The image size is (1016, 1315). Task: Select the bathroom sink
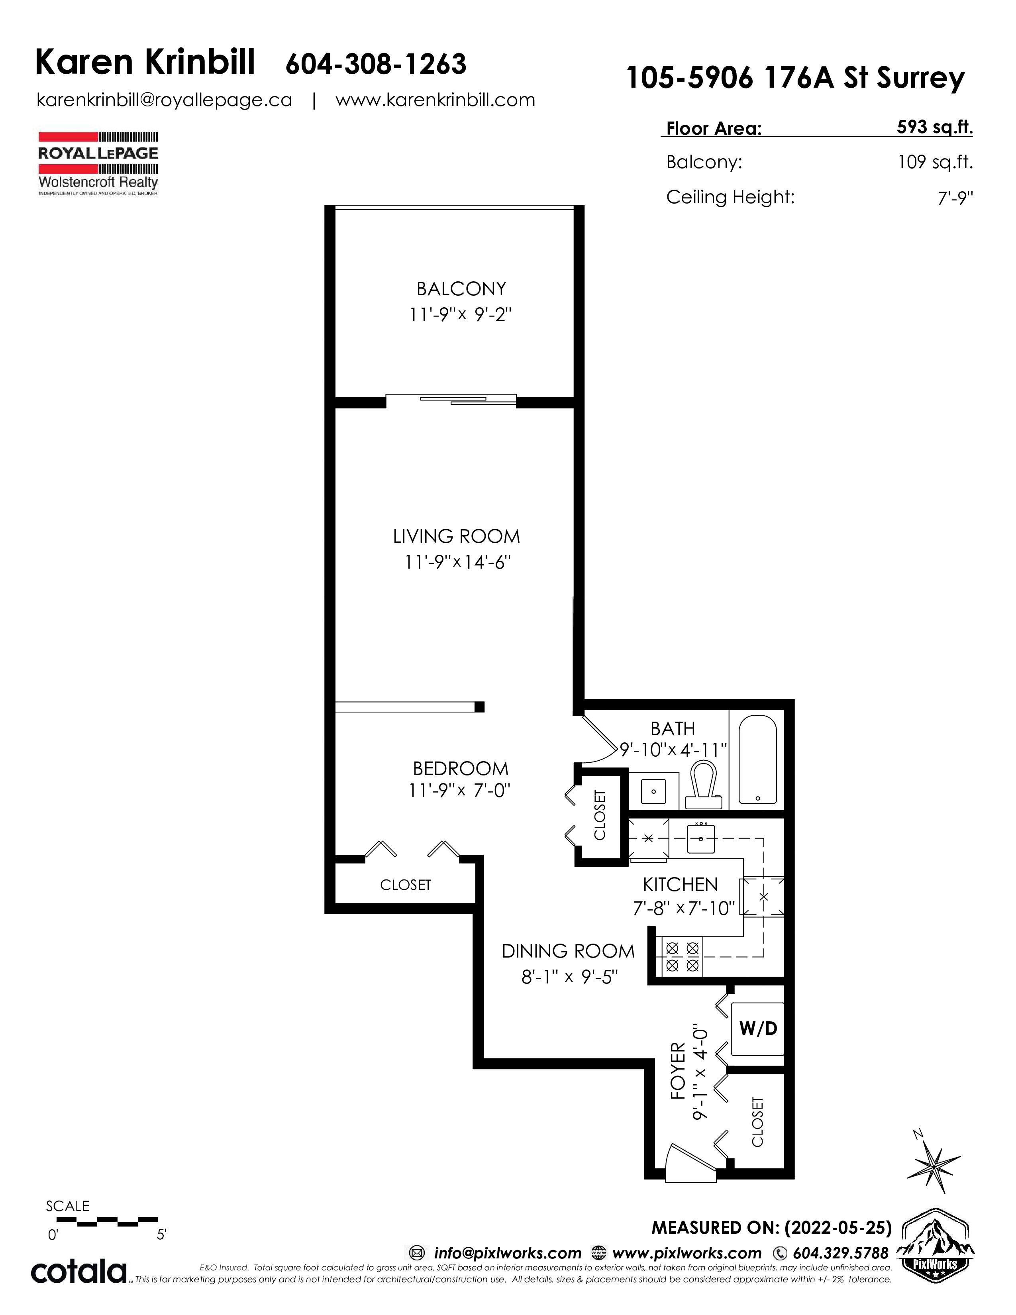(x=653, y=791)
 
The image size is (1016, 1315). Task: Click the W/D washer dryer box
(x=758, y=1028)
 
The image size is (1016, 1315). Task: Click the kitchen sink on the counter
(x=700, y=839)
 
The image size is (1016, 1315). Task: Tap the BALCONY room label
(x=461, y=289)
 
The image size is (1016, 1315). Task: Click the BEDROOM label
(x=461, y=768)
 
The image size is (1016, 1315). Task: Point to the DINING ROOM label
(x=568, y=951)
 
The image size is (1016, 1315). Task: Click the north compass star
(x=933, y=1163)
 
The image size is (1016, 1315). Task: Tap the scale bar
(x=107, y=1221)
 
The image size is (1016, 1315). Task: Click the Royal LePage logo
(x=98, y=163)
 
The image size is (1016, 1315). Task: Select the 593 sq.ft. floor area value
(x=934, y=127)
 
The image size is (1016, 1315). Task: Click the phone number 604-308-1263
(x=376, y=65)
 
